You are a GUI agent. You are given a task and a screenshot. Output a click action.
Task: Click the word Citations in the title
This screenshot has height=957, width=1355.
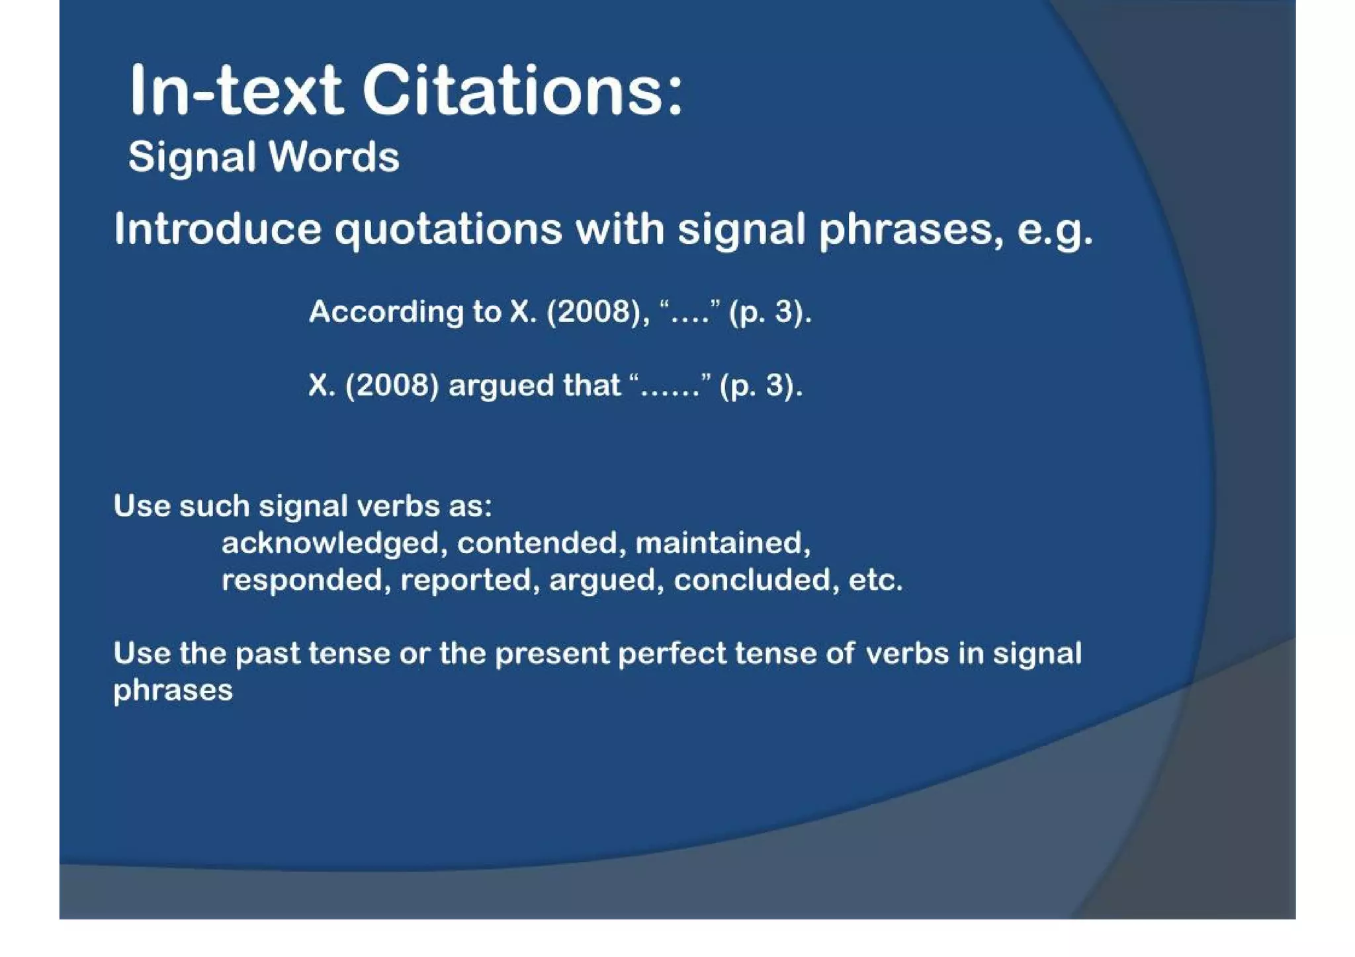[x=522, y=91]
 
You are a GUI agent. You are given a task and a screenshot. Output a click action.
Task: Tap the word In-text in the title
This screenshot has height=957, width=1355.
[x=236, y=91]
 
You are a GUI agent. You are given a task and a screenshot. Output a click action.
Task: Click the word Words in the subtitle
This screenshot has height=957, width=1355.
[x=333, y=157]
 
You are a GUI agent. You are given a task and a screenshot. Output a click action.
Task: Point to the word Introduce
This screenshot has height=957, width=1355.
[x=218, y=229]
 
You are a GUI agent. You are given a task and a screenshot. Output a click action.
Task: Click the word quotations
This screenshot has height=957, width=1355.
[x=448, y=230]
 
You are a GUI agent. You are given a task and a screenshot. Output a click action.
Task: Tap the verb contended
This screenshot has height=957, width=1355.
[x=538, y=544]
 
